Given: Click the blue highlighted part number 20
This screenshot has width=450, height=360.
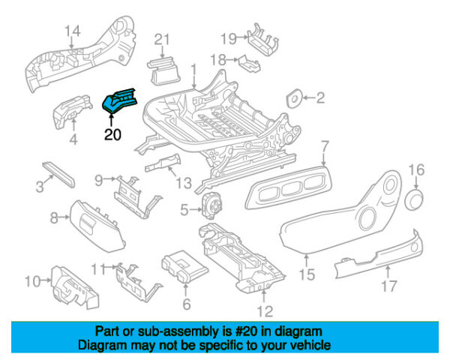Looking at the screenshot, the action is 119,100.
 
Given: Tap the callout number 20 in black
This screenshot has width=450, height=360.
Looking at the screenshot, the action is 112,134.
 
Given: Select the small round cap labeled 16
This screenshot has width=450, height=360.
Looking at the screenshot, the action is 414,199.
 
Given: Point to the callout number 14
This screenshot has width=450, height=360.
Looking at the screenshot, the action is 73,31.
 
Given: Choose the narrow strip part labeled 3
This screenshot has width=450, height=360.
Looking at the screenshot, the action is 58,175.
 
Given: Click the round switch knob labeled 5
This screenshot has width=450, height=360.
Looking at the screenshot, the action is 212,205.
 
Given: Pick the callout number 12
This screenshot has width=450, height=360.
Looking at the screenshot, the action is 265,311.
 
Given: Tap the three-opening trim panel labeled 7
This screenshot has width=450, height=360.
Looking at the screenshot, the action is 288,187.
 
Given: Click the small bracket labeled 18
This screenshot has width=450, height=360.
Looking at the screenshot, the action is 249,64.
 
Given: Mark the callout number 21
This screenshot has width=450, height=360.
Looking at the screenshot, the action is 162,40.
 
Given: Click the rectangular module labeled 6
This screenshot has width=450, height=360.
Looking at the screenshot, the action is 184,266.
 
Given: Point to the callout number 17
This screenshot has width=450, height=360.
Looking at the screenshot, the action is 388,286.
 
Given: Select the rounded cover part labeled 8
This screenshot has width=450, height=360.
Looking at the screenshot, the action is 97,226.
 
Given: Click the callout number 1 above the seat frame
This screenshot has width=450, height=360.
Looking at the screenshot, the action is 194,70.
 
